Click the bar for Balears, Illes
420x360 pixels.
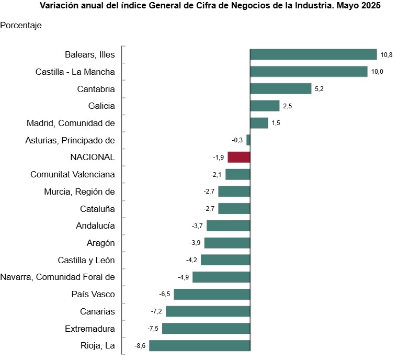(x=313, y=54)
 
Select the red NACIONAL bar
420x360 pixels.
(x=239, y=157)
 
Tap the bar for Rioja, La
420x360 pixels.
(x=199, y=345)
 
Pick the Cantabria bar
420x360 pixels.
(x=280, y=89)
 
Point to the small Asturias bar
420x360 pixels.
(x=248, y=140)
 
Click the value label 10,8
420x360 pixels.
(x=387, y=55)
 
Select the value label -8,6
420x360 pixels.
(x=140, y=345)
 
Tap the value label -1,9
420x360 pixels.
(x=218, y=157)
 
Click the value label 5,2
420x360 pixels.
(x=319, y=89)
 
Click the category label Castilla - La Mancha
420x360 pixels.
(x=75, y=72)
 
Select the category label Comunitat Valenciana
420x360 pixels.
(x=73, y=174)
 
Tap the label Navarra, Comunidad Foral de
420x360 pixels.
(x=58, y=277)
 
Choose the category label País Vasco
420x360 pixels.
(x=93, y=294)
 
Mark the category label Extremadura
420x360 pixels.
(x=90, y=329)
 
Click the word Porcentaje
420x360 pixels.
(x=21, y=25)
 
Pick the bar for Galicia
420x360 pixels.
(x=265, y=106)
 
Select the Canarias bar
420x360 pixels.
(x=208, y=311)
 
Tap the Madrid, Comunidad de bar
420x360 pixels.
(x=259, y=123)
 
